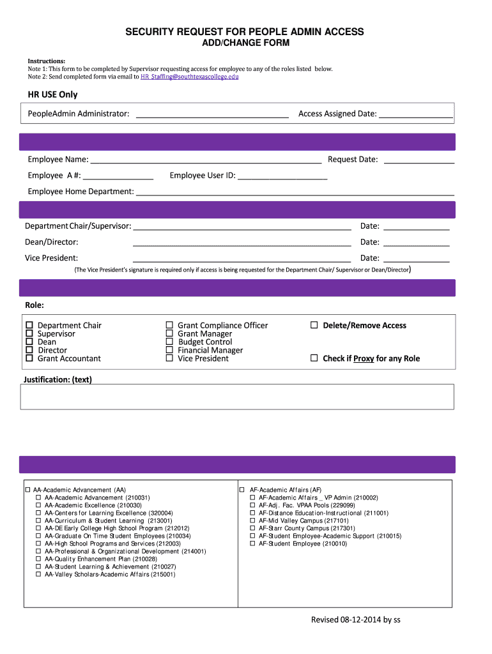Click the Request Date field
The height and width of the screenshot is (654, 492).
click(419, 160)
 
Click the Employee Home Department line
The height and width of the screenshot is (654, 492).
click(295, 192)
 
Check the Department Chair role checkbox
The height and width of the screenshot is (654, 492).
click(29, 326)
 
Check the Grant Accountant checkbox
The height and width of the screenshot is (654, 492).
click(29, 359)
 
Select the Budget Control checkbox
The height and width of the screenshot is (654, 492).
click(169, 342)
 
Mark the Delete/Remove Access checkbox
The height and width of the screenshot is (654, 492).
click(314, 326)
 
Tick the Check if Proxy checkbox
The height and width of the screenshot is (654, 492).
click(314, 359)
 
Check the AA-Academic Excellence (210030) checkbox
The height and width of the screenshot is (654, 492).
click(38, 505)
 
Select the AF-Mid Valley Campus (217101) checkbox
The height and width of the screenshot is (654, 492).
click(252, 521)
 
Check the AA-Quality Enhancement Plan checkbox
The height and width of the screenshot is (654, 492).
click(38, 559)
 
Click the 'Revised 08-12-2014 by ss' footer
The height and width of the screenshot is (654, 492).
click(355, 620)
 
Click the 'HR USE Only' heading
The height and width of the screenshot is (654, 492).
click(52, 95)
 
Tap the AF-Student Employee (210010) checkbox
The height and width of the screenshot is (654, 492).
click(252, 544)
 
